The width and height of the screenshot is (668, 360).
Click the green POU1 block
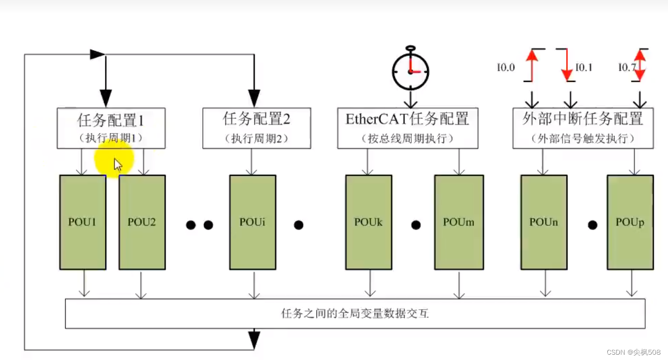pyautogui.click(x=83, y=222)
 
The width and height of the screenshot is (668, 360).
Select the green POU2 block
pyautogui.click(x=142, y=222)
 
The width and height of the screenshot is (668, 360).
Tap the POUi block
pyautogui.click(x=253, y=222)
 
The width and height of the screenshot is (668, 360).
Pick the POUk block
pyautogui.click(x=368, y=222)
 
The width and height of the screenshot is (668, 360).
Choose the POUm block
pyautogui.click(x=458, y=222)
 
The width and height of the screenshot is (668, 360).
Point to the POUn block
pyautogui.click(x=544, y=222)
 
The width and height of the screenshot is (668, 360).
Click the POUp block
pyautogui.click(x=630, y=222)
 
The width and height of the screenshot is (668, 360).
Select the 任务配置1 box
pyautogui.click(x=111, y=128)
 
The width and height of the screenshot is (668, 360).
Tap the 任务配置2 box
pyautogui.click(x=256, y=128)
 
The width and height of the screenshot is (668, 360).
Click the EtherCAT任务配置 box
pyautogui.click(x=407, y=128)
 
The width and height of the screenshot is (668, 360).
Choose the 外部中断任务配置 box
pyautogui.click(x=583, y=128)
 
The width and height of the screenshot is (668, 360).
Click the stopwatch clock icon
pyautogui.click(x=410, y=70)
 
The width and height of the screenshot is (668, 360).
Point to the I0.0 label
pyautogui.click(x=506, y=67)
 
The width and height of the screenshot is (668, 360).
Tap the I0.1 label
pyautogui.click(x=583, y=67)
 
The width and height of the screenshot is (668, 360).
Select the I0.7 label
pyautogui.click(x=627, y=67)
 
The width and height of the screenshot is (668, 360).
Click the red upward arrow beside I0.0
pyautogui.click(x=531, y=65)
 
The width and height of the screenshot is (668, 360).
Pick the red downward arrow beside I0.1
pyautogui.click(x=567, y=65)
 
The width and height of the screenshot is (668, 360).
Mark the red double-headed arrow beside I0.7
pyautogui.click(x=640, y=65)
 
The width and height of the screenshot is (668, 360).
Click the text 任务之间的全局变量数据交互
pyautogui.click(x=355, y=314)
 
